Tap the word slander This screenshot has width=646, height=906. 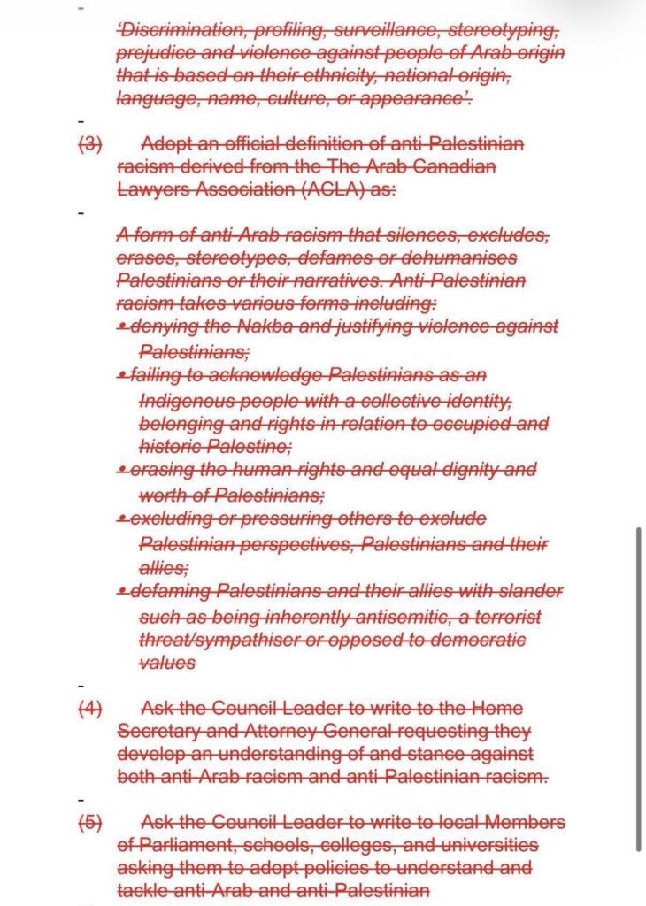pos(534,590)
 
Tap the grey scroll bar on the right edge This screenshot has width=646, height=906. pos(638,689)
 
